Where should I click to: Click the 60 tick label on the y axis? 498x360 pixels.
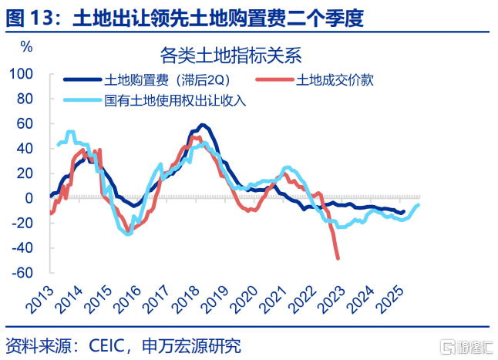pos(25,123)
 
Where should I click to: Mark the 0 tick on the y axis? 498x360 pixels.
pos(31,198)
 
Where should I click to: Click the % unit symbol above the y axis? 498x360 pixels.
pos(26,45)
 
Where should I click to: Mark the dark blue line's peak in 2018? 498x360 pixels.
pos(202,125)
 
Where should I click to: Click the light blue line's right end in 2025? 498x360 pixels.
pos(419,204)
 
